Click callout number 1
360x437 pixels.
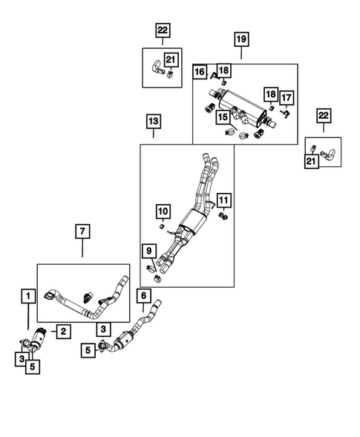click(x=28, y=297)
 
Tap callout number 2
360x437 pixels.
click(x=64, y=332)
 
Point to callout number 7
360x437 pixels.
click(x=82, y=232)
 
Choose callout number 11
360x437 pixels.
click(x=223, y=199)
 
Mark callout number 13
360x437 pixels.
click(x=153, y=121)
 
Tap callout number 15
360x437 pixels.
click(x=222, y=117)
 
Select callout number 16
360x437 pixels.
click(x=200, y=72)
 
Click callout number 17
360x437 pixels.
click(x=287, y=96)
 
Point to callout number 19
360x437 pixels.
click(x=241, y=39)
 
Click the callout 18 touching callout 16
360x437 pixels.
click(x=223, y=70)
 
